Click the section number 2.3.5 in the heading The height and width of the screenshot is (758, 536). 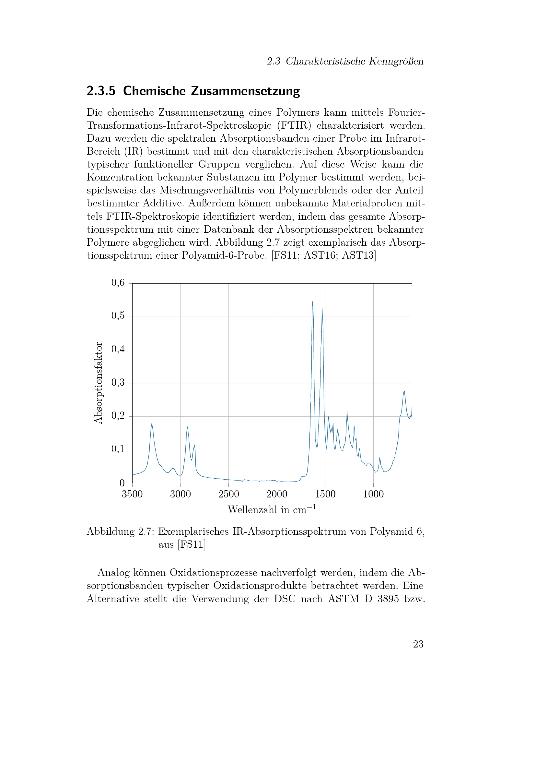101,91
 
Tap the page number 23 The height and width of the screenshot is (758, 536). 418,644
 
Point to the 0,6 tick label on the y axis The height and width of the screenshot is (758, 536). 118,283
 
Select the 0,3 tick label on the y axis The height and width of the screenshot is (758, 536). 118,383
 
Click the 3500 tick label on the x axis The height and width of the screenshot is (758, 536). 132,494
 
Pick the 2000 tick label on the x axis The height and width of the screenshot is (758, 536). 276,494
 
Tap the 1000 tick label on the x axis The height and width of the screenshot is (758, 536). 373,494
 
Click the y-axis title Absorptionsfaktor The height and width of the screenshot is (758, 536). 99,383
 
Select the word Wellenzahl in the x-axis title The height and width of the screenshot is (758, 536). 252,510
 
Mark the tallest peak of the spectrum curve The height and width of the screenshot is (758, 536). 312,302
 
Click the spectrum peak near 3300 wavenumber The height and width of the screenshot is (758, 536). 152,424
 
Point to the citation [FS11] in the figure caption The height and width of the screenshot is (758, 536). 192,544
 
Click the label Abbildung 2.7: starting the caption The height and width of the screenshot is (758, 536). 121,531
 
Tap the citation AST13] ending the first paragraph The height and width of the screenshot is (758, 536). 359,255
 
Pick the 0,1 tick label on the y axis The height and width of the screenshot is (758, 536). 118,449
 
